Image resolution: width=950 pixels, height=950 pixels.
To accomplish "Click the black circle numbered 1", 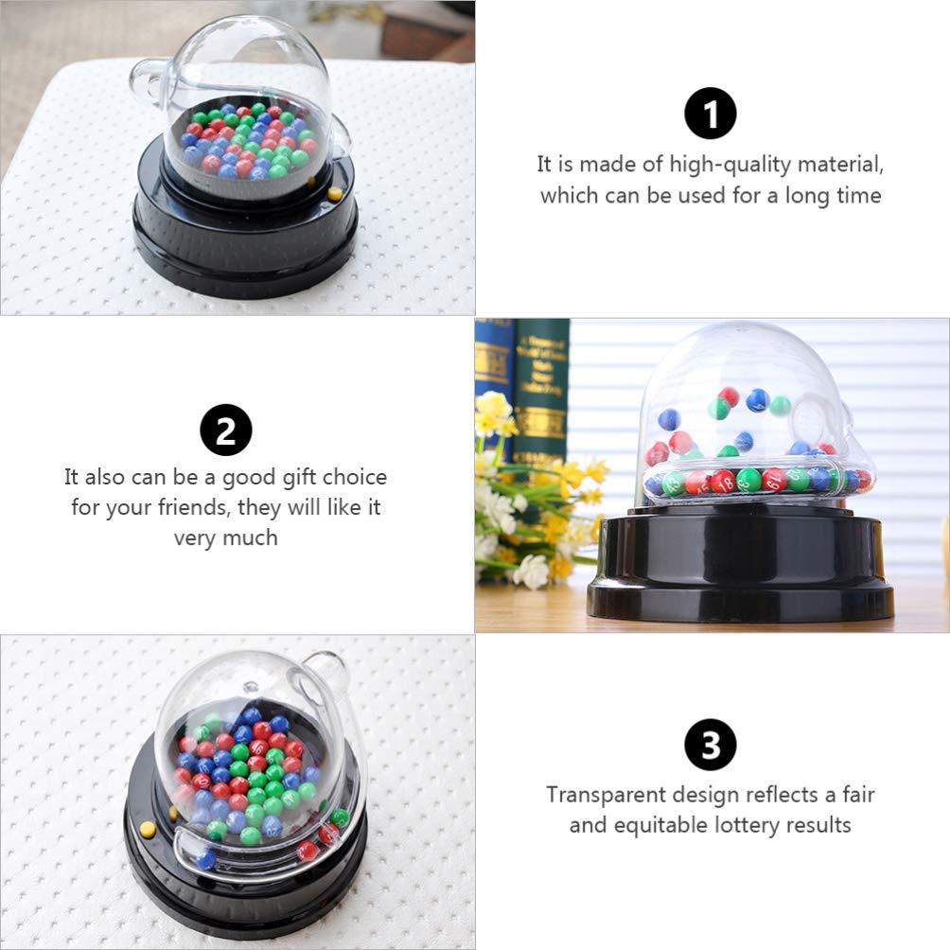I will click(x=710, y=114).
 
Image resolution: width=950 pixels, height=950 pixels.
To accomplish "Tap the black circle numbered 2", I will click(x=226, y=430).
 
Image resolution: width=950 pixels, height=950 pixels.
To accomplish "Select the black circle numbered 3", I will click(x=710, y=745).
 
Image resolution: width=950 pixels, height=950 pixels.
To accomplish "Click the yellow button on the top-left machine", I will click(x=335, y=194).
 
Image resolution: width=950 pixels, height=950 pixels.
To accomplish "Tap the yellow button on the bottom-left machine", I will click(x=148, y=829).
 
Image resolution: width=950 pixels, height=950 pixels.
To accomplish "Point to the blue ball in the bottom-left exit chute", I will click(x=205, y=859).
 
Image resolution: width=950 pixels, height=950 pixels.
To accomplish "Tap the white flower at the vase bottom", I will click(x=531, y=571).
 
